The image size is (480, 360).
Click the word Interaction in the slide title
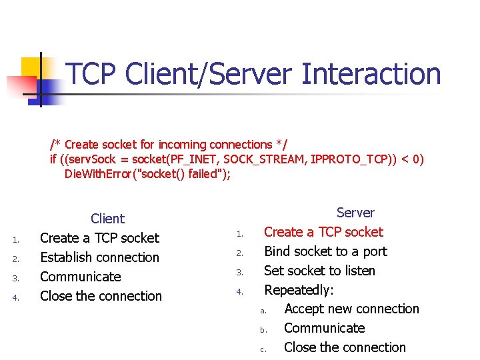371,74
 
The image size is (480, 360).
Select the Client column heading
107,219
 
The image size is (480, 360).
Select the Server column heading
355,213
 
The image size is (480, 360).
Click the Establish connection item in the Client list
100,257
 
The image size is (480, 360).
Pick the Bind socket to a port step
325,251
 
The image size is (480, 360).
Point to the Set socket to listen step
320,271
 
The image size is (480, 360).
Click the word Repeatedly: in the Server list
299,290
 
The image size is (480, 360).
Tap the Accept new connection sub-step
351,309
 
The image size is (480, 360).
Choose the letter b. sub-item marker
263,329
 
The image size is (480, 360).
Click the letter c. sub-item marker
263,349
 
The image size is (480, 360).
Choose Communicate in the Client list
81,277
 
